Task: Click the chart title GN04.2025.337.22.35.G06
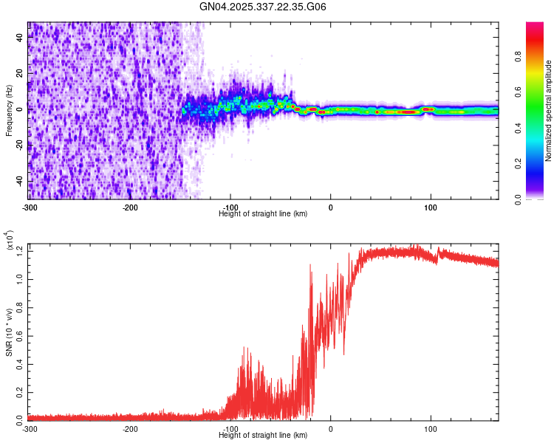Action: click(x=263, y=7)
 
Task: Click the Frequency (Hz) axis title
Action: click(x=9, y=111)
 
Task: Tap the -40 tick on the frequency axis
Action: click(x=21, y=182)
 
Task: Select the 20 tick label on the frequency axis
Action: click(x=21, y=74)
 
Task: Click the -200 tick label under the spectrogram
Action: click(x=130, y=207)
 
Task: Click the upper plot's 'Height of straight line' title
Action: click(x=263, y=213)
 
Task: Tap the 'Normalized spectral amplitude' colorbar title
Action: click(x=548, y=111)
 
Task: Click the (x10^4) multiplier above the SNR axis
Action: click(x=10, y=241)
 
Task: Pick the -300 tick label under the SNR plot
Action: click(x=30, y=428)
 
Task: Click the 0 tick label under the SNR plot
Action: click(x=330, y=428)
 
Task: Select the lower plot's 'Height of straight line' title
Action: click(x=263, y=435)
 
